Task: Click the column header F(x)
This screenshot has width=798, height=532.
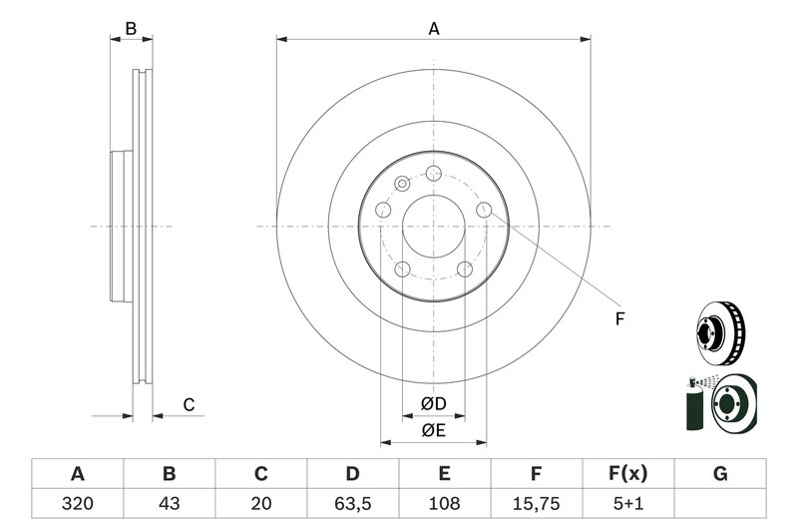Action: click(x=628, y=473)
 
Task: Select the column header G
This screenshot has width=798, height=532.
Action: click(x=720, y=473)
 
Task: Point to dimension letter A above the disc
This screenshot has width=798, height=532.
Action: click(x=433, y=29)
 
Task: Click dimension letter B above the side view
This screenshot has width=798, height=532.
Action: click(x=131, y=29)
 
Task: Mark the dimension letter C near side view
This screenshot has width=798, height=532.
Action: click(x=187, y=404)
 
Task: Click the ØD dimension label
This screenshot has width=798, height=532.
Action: click(x=432, y=404)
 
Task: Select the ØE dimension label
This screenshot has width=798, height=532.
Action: click(x=432, y=430)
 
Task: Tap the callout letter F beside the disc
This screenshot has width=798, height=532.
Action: click(x=618, y=319)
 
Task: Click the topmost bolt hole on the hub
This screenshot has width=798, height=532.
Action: click(x=433, y=173)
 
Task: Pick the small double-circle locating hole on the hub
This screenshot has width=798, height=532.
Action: click(x=402, y=184)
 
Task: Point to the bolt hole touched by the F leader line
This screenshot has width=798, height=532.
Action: click(x=484, y=209)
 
